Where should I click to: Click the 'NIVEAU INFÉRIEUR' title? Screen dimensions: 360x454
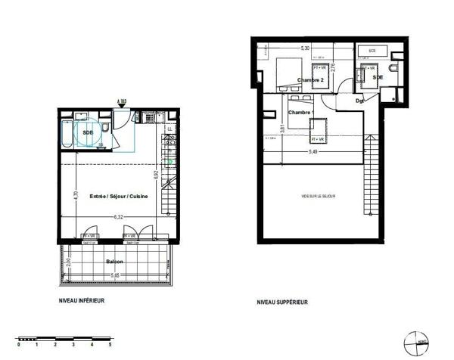pos(82,300)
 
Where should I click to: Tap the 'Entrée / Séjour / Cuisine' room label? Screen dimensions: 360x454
pos(118,197)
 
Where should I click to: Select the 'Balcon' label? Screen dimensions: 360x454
pos(113,261)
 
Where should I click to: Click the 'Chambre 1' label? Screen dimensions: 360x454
pos(301,113)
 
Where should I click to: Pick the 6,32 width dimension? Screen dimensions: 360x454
pos(119,217)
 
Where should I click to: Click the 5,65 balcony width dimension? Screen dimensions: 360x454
pos(113,275)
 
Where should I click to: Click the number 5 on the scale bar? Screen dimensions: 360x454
pos(110,344)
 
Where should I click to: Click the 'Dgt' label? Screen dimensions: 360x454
pos(360,101)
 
